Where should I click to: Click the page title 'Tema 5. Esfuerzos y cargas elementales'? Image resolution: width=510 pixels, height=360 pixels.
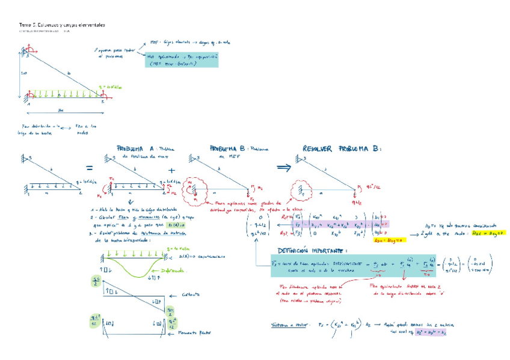(63, 25)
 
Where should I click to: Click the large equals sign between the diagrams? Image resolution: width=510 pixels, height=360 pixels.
(89, 168)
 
